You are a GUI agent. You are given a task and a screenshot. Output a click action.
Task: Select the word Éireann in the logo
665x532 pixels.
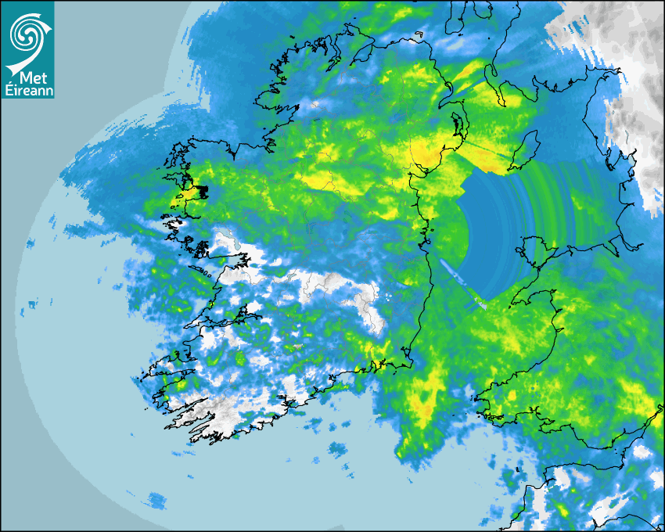[x=27, y=91]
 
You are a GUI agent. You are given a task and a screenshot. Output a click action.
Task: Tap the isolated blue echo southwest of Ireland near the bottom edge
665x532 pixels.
[x=157, y=498]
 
